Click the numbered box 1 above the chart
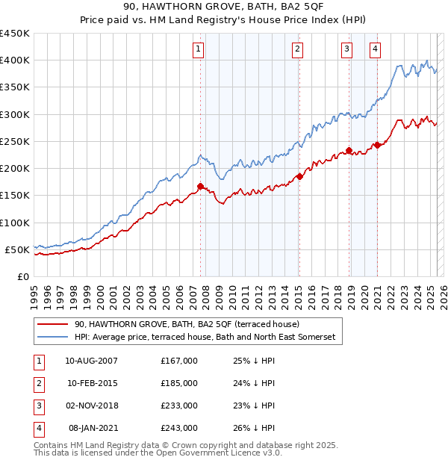(199, 50)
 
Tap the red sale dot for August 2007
(200, 186)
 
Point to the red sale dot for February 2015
(299, 176)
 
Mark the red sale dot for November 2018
(349, 150)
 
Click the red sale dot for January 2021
(377, 145)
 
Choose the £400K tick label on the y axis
(15, 60)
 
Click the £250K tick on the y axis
(15, 141)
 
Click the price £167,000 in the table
(178, 361)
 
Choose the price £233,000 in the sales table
(178, 405)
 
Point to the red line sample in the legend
(52, 325)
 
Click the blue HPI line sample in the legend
(52, 338)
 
